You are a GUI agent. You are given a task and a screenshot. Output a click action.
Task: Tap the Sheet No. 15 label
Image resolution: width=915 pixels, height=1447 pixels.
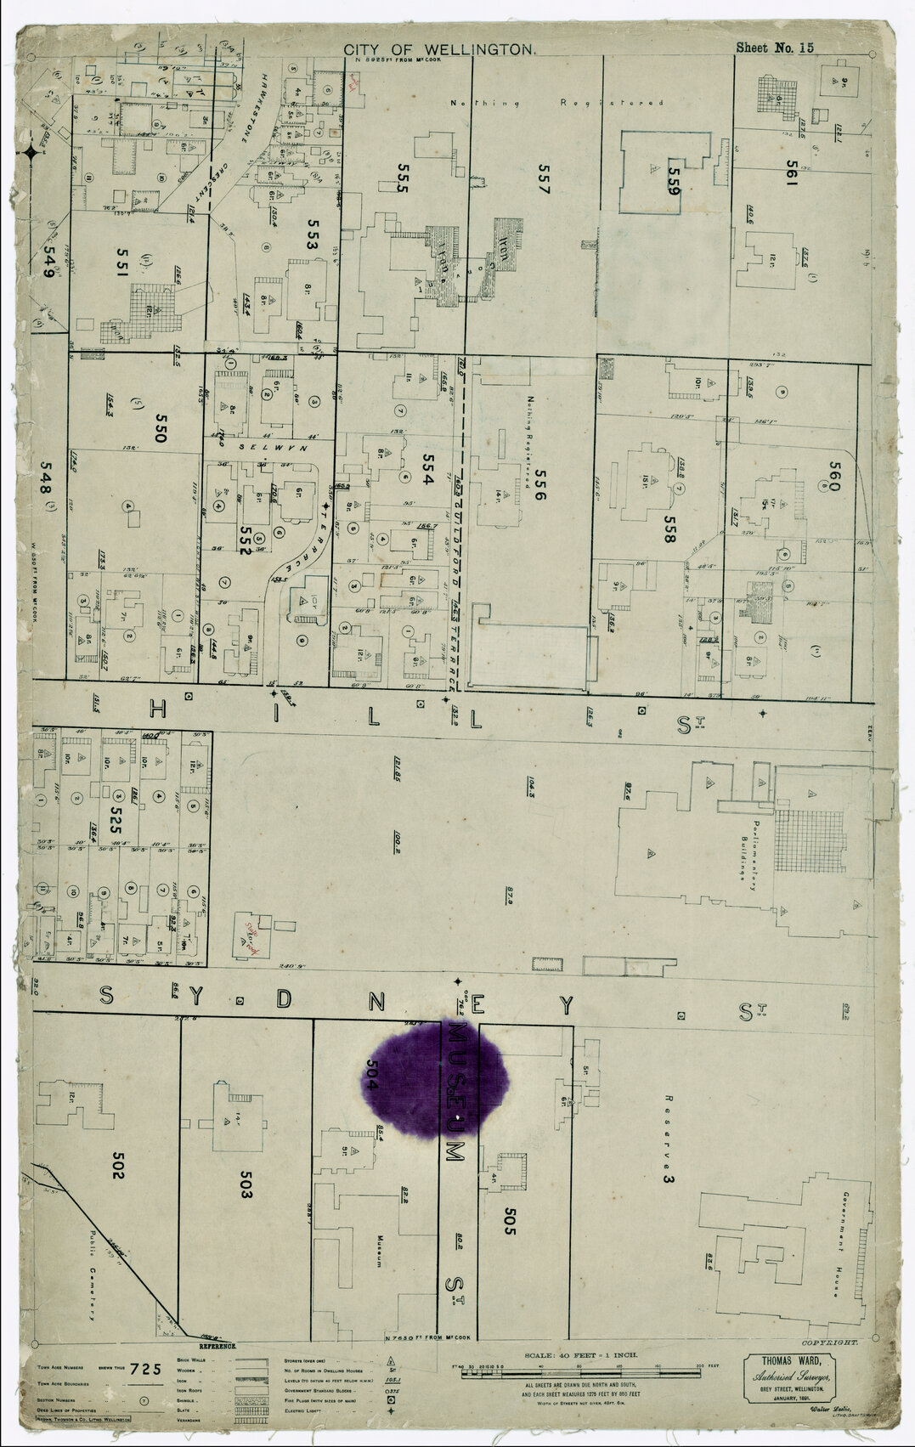point(774,48)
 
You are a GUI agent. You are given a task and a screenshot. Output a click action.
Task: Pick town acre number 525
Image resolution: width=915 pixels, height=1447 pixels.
point(116,818)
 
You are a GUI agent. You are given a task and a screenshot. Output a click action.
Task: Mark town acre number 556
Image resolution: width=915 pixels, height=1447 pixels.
point(537,485)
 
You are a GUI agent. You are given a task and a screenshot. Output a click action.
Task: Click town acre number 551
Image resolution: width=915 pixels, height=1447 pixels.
point(121,269)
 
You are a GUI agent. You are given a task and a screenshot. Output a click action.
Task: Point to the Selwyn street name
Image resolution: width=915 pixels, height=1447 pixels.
point(258,446)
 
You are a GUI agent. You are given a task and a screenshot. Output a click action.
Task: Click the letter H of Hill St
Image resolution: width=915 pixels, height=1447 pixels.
point(158,708)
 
